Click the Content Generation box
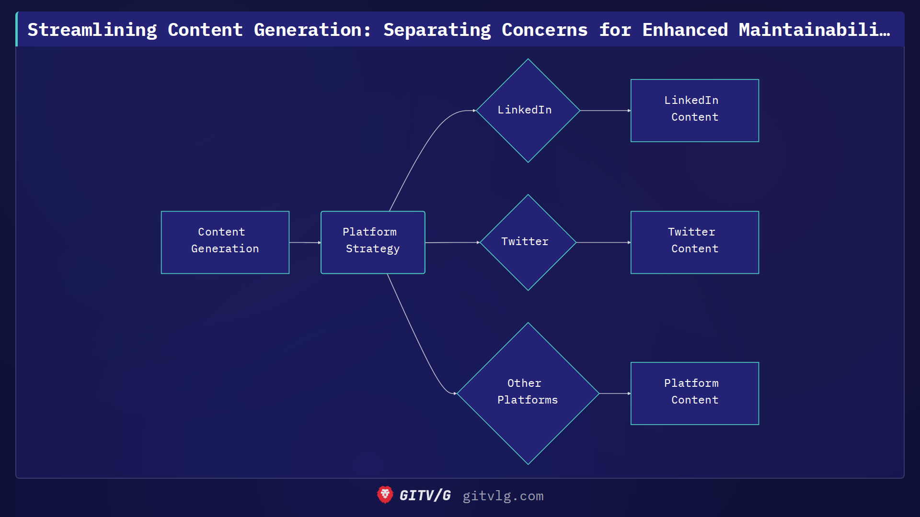coord(225,242)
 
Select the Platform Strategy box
coord(373,242)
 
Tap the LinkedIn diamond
coord(528,111)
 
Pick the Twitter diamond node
coord(528,242)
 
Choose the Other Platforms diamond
coord(528,393)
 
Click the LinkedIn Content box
coord(694,111)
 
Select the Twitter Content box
coord(694,242)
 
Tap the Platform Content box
coord(694,393)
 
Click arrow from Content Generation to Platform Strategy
coord(305,243)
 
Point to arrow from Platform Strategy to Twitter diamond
coord(452,243)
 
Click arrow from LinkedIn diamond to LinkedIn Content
coord(605,111)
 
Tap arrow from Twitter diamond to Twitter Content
coord(603,243)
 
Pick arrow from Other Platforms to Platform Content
coord(614,393)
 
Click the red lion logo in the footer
coord(385,495)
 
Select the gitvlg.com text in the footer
coord(503,496)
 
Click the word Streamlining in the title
coord(92,30)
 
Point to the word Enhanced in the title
coord(685,30)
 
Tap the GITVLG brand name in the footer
coord(425,495)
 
